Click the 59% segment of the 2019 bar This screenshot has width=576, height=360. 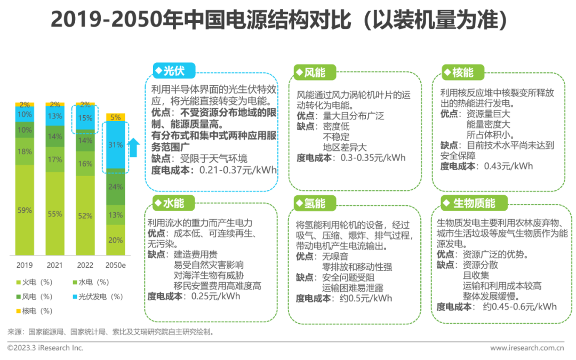[x=25, y=210]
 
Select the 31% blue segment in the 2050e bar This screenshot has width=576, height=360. [x=115, y=145]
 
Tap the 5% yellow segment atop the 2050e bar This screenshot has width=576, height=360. [x=115, y=117]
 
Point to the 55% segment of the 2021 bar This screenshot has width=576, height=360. [x=55, y=214]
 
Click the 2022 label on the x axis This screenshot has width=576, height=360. [x=85, y=265]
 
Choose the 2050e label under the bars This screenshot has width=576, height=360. [x=115, y=265]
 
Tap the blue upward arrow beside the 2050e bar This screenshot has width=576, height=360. [x=134, y=148]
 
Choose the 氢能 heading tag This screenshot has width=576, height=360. [x=310, y=203]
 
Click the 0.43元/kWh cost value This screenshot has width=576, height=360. [x=508, y=166]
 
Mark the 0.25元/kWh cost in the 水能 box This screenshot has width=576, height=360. [x=215, y=296]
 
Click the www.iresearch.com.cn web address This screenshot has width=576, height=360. [x=527, y=348]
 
